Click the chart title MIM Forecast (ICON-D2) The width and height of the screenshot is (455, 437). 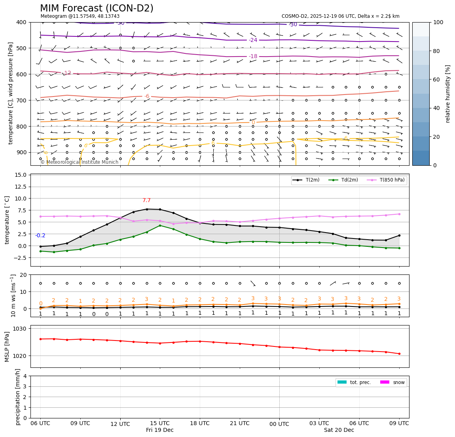[97, 8]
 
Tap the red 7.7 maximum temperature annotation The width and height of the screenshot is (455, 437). [146, 201]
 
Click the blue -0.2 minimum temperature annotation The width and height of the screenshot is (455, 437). [40, 236]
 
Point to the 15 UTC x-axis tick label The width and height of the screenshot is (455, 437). [160, 423]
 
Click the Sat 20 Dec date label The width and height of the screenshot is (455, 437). [339, 430]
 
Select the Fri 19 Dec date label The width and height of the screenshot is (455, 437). [160, 430]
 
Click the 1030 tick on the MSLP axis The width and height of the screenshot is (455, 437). [20, 329]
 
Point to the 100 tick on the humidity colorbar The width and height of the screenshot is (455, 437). [439, 23]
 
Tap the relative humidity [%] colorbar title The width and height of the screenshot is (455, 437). [448, 94]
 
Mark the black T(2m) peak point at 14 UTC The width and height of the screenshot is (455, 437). [147, 209]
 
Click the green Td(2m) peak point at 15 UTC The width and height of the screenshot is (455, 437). [160, 225]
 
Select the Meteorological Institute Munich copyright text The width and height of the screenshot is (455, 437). [80, 162]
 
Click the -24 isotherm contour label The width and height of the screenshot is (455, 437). [253, 40]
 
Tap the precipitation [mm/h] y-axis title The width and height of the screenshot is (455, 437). [18, 397]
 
